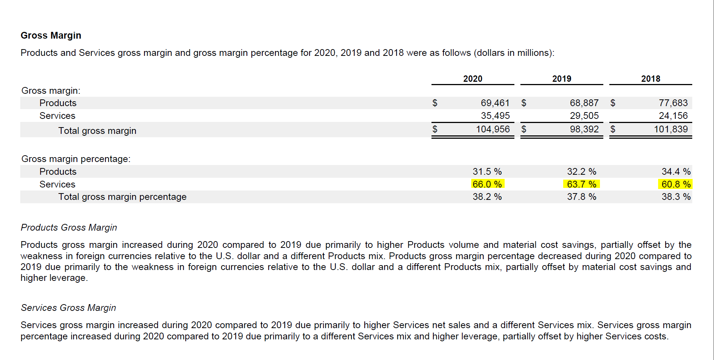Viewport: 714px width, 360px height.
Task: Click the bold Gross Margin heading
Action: pyautogui.click(x=51, y=35)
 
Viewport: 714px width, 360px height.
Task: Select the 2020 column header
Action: pyautogui.click(x=472, y=79)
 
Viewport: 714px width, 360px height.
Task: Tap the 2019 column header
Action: pyautogui.click(x=561, y=79)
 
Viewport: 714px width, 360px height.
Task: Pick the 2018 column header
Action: pyautogui.click(x=650, y=79)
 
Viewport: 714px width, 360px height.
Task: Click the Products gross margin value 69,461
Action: pyautogui.click(x=495, y=103)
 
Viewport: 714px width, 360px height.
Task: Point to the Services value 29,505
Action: pyautogui.click(x=584, y=115)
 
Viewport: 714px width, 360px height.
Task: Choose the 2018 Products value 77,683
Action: pyautogui.click(x=673, y=103)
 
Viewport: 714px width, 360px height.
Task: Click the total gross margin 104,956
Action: pyautogui.click(x=493, y=129)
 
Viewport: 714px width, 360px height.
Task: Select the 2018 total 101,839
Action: pyautogui.click(x=670, y=129)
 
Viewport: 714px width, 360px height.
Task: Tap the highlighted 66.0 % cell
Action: pyautogui.click(x=487, y=184)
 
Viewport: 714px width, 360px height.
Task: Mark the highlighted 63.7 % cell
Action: pyautogui.click(x=582, y=184)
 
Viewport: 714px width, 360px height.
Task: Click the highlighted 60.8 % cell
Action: pyautogui.click(x=676, y=184)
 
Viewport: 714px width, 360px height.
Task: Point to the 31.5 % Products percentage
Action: pyautogui.click(x=487, y=171)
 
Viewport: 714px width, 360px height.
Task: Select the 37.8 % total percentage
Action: pyautogui.click(x=582, y=196)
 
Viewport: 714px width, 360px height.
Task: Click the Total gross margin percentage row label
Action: pyautogui.click(x=122, y=196)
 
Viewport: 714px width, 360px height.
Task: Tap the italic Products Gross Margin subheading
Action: pyautogui.click(x=69, y=227)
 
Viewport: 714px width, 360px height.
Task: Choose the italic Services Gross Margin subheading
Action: pyautogui.click(x=68, y=307)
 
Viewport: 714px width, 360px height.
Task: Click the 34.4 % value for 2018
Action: pyautogui.click(x=676, y=171)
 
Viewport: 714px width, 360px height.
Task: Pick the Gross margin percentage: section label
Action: pyautogui.click(x=76, y=159)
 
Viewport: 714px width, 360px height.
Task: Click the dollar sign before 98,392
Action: pyautogui.click(x=524, y=129)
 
